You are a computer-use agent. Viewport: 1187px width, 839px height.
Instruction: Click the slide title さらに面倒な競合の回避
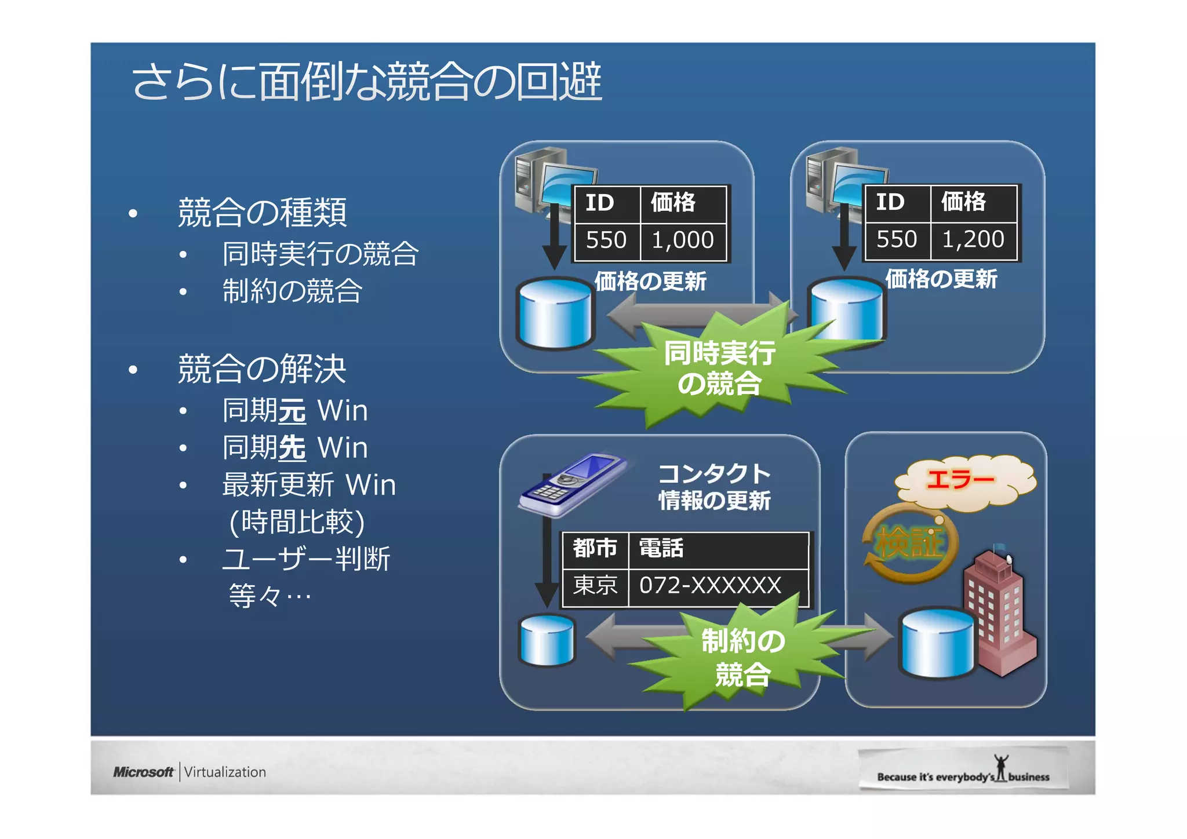[366, 82]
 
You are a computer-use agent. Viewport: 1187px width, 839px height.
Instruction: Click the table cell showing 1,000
[682, 240]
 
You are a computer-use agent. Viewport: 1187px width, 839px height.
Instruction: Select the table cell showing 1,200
[973, 239]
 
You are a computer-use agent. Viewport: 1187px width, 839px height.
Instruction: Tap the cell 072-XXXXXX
[710, 586]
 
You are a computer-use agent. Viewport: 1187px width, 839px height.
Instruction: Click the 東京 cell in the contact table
[595, 586]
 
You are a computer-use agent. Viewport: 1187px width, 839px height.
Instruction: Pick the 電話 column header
[661, 548]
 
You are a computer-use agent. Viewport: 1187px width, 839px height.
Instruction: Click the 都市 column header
[595, 548]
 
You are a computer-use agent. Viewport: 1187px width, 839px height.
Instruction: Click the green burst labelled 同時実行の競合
[719, 368]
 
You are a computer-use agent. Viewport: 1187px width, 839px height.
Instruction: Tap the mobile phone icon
[571, 484]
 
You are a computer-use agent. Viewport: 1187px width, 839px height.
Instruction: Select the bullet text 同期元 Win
[295, 411]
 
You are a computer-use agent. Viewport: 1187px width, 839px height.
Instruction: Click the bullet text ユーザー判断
[306, 559]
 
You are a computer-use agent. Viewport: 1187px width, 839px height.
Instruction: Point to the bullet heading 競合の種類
[262, 213]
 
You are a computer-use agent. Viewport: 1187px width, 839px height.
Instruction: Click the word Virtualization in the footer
[225, 772]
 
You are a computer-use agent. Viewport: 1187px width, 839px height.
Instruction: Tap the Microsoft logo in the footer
[143, 772]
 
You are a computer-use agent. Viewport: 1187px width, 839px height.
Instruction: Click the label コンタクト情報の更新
[714, 487]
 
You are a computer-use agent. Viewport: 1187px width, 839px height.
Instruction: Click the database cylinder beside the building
[936, 643]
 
